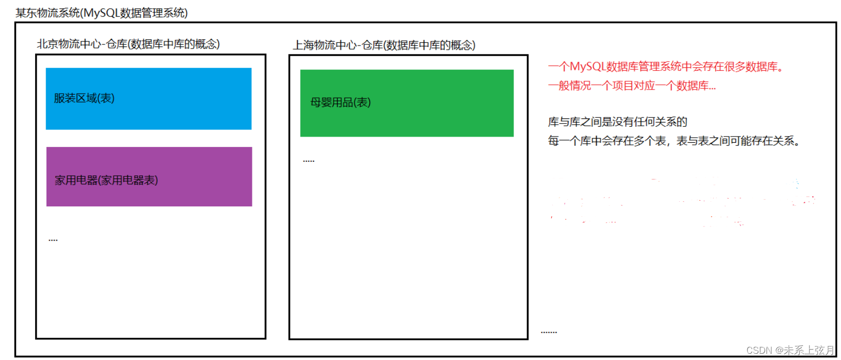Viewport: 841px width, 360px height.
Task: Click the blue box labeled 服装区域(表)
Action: (148, 99)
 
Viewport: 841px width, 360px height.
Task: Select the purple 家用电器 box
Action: (149, 176)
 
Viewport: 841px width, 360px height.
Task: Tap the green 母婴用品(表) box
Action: (407, 103)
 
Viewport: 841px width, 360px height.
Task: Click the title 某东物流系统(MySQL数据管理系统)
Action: (101, 13)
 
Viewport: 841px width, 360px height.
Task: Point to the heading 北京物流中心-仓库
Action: (128, 44)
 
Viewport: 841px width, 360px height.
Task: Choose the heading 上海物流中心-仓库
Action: (384, 46)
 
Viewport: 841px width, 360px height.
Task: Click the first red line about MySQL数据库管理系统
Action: (666, 67)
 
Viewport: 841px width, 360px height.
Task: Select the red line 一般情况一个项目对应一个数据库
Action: (632, 86)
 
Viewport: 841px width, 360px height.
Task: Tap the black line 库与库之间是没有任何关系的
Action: (618, 122)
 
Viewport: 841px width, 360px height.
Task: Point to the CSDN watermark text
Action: (790, 350)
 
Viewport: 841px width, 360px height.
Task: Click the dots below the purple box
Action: (53, 240)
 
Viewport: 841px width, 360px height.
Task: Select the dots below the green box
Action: (309, 161)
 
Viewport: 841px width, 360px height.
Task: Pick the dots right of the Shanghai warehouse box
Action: (549, 332)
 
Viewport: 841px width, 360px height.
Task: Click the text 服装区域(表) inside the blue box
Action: (84, 98)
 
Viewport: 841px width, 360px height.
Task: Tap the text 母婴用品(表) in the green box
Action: (340, 102)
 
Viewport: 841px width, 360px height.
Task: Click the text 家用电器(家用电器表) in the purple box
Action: (107, 180)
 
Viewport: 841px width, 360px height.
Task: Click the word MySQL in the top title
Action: (101, 13)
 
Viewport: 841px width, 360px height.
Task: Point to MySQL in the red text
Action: (588, 67)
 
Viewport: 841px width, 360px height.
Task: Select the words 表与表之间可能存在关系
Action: (738, 141)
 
